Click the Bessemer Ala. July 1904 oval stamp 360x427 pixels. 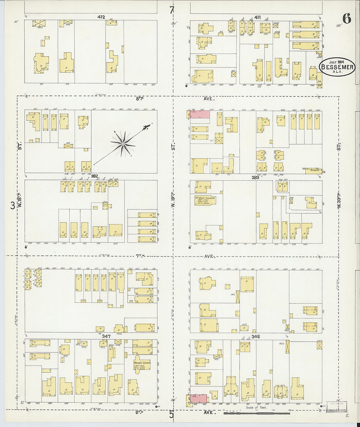point(337,67)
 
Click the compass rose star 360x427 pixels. point(123,144)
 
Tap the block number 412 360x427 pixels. point(101,17)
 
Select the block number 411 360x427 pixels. point(258,17)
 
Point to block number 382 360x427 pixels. point(95,176)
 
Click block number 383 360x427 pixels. point(255,177)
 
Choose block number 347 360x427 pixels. point(106,336)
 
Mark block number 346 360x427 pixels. point(256,336)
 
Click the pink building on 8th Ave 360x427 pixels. point(200,114)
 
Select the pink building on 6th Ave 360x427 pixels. point(198,398)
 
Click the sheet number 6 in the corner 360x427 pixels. point(347,19)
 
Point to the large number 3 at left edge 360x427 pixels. point(12,205)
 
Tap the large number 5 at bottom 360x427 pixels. point(171,414)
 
